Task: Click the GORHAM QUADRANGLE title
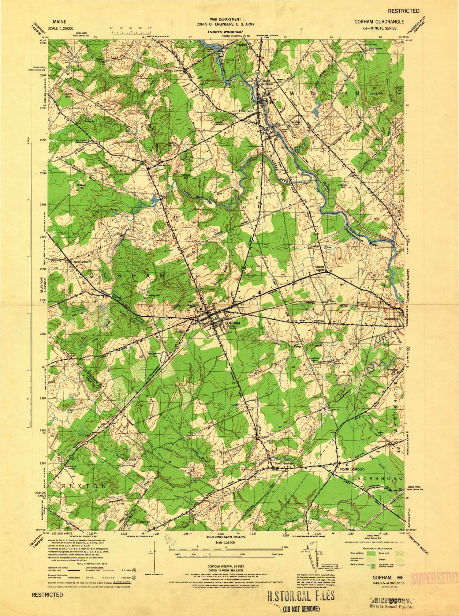[x=379, y=22]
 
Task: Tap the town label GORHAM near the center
[x=232, y=323]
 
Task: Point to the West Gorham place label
[x=80, y=262]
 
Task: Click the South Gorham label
[x=284, y=464]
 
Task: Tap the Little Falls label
[x=246, y=111]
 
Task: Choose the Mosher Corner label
[x=320, y=269]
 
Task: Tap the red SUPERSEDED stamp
[x=435, y=577]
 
